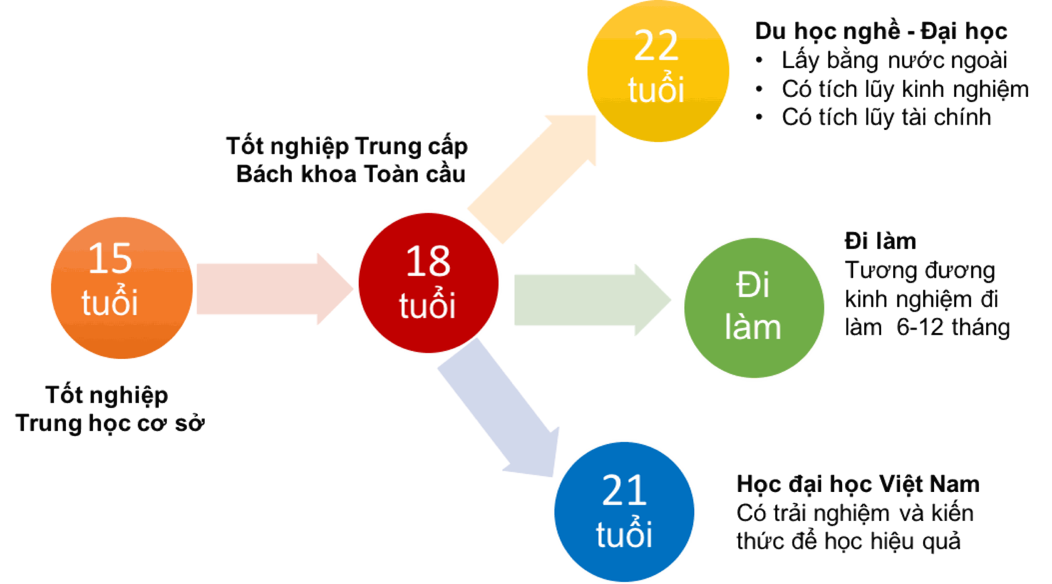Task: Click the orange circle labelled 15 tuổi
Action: click(x=122, y=288)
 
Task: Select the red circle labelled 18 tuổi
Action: click(x=428, y=283)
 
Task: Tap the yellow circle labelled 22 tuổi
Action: click(x=658, y=71)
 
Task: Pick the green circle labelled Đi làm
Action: click(x=754, y=308)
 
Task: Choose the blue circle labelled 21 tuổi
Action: click(x=624, y=512)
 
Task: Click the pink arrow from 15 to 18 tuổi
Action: click(x=275, y=289)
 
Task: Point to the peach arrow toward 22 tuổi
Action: click(x=531, y=179)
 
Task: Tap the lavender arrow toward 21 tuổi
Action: click(x=499, y=408)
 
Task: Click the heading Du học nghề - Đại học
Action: click(x=881, y=31)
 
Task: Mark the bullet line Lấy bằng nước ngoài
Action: click(x=894, y=60)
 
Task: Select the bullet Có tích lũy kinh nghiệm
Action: click(x=905, y=89)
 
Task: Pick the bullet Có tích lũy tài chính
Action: click(x=886, y=117)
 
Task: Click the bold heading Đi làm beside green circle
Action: click(x=881, y=241)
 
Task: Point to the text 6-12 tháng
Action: click(x=953, y=327)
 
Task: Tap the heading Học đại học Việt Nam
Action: click(x=858, y=484)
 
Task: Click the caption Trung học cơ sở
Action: click(x=110, y=423)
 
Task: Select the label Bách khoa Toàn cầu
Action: click(x=351, y=174)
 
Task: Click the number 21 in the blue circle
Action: click(x=624, y=490)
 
